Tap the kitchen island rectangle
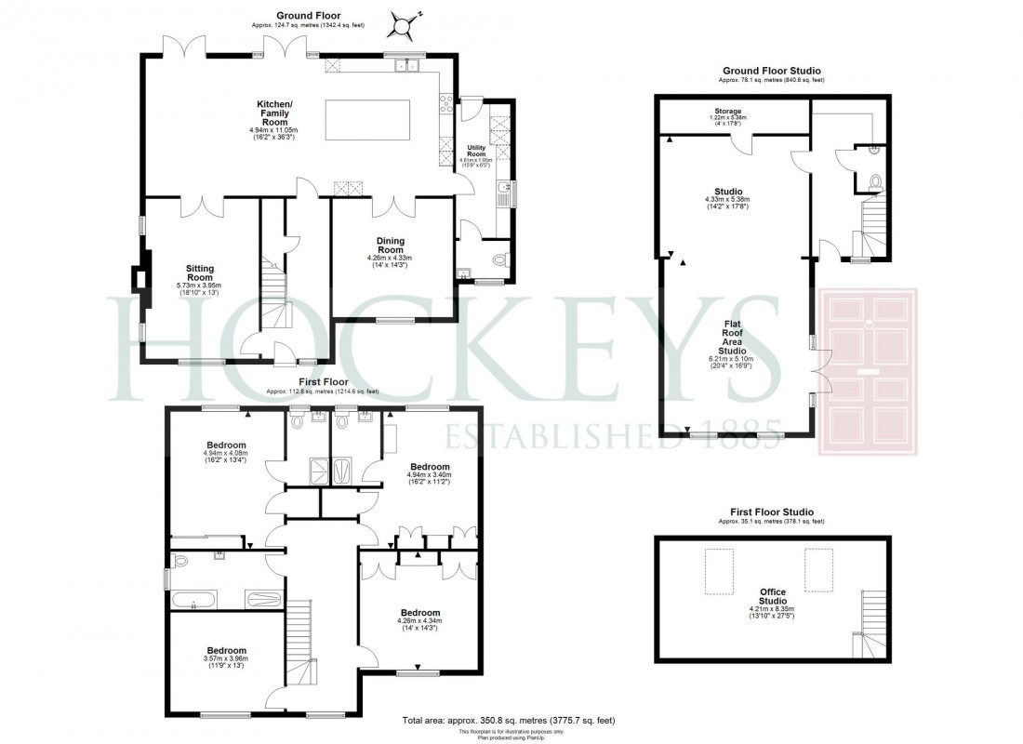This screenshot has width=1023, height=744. (367, 119)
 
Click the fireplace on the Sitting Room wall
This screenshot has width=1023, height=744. (139, 279)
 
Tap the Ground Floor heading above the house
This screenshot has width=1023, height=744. (308, 16)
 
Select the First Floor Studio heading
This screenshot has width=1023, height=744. (772, 512)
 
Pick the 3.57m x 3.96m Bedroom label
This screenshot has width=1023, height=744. (226, 657)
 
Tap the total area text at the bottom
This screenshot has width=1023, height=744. (508, 721)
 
